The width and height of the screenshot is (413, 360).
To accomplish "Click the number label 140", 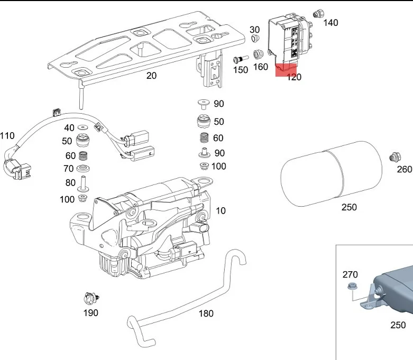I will click(331, 23).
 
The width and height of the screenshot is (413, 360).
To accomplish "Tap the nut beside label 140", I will click(319, 13).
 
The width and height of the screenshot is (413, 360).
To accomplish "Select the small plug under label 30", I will click(255, 39).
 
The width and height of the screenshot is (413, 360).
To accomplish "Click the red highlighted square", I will click(286, 70).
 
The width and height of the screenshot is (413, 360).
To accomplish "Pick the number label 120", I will click(293, 77).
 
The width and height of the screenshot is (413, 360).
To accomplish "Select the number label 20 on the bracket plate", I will click(151, 76).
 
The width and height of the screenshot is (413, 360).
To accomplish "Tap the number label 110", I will click(7, 136).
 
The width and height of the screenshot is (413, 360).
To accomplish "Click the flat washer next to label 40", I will click(83, 128).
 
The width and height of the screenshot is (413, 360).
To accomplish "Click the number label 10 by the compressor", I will click(221, 210).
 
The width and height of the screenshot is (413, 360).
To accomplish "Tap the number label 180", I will click(206, 313).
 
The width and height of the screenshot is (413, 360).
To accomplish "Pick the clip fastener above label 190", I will click(90, 299).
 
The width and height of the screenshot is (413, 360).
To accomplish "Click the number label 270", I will click(350, 274).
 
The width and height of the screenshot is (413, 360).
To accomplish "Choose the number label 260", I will click(405, 169).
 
